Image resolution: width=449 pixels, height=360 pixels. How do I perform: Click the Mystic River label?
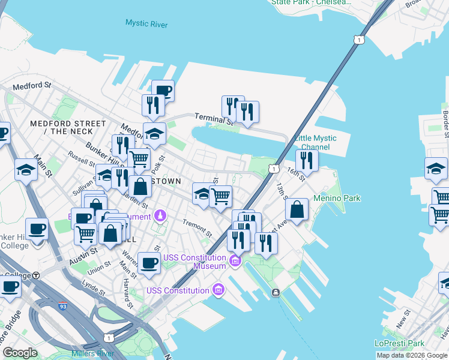[x=146, y=23]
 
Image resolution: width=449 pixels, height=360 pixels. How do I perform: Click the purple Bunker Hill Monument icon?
[x=160, y=215]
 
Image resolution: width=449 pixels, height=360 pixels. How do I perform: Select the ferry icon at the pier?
[x=275, y=292]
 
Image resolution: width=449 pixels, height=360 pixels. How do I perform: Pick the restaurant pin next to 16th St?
[x=307, y=160]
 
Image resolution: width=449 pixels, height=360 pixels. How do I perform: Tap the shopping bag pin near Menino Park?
[x=297, y=210]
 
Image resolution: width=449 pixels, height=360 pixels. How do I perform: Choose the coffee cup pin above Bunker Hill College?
[x=37, y=229]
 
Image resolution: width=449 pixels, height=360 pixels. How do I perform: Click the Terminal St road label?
[x=211, y=118]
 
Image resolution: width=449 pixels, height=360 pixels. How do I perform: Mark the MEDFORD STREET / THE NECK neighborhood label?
[x=62, y=127]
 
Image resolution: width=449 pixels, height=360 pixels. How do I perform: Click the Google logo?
[x=20, y=353]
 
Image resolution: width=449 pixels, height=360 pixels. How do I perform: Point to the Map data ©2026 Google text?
[x=412, y=355]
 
